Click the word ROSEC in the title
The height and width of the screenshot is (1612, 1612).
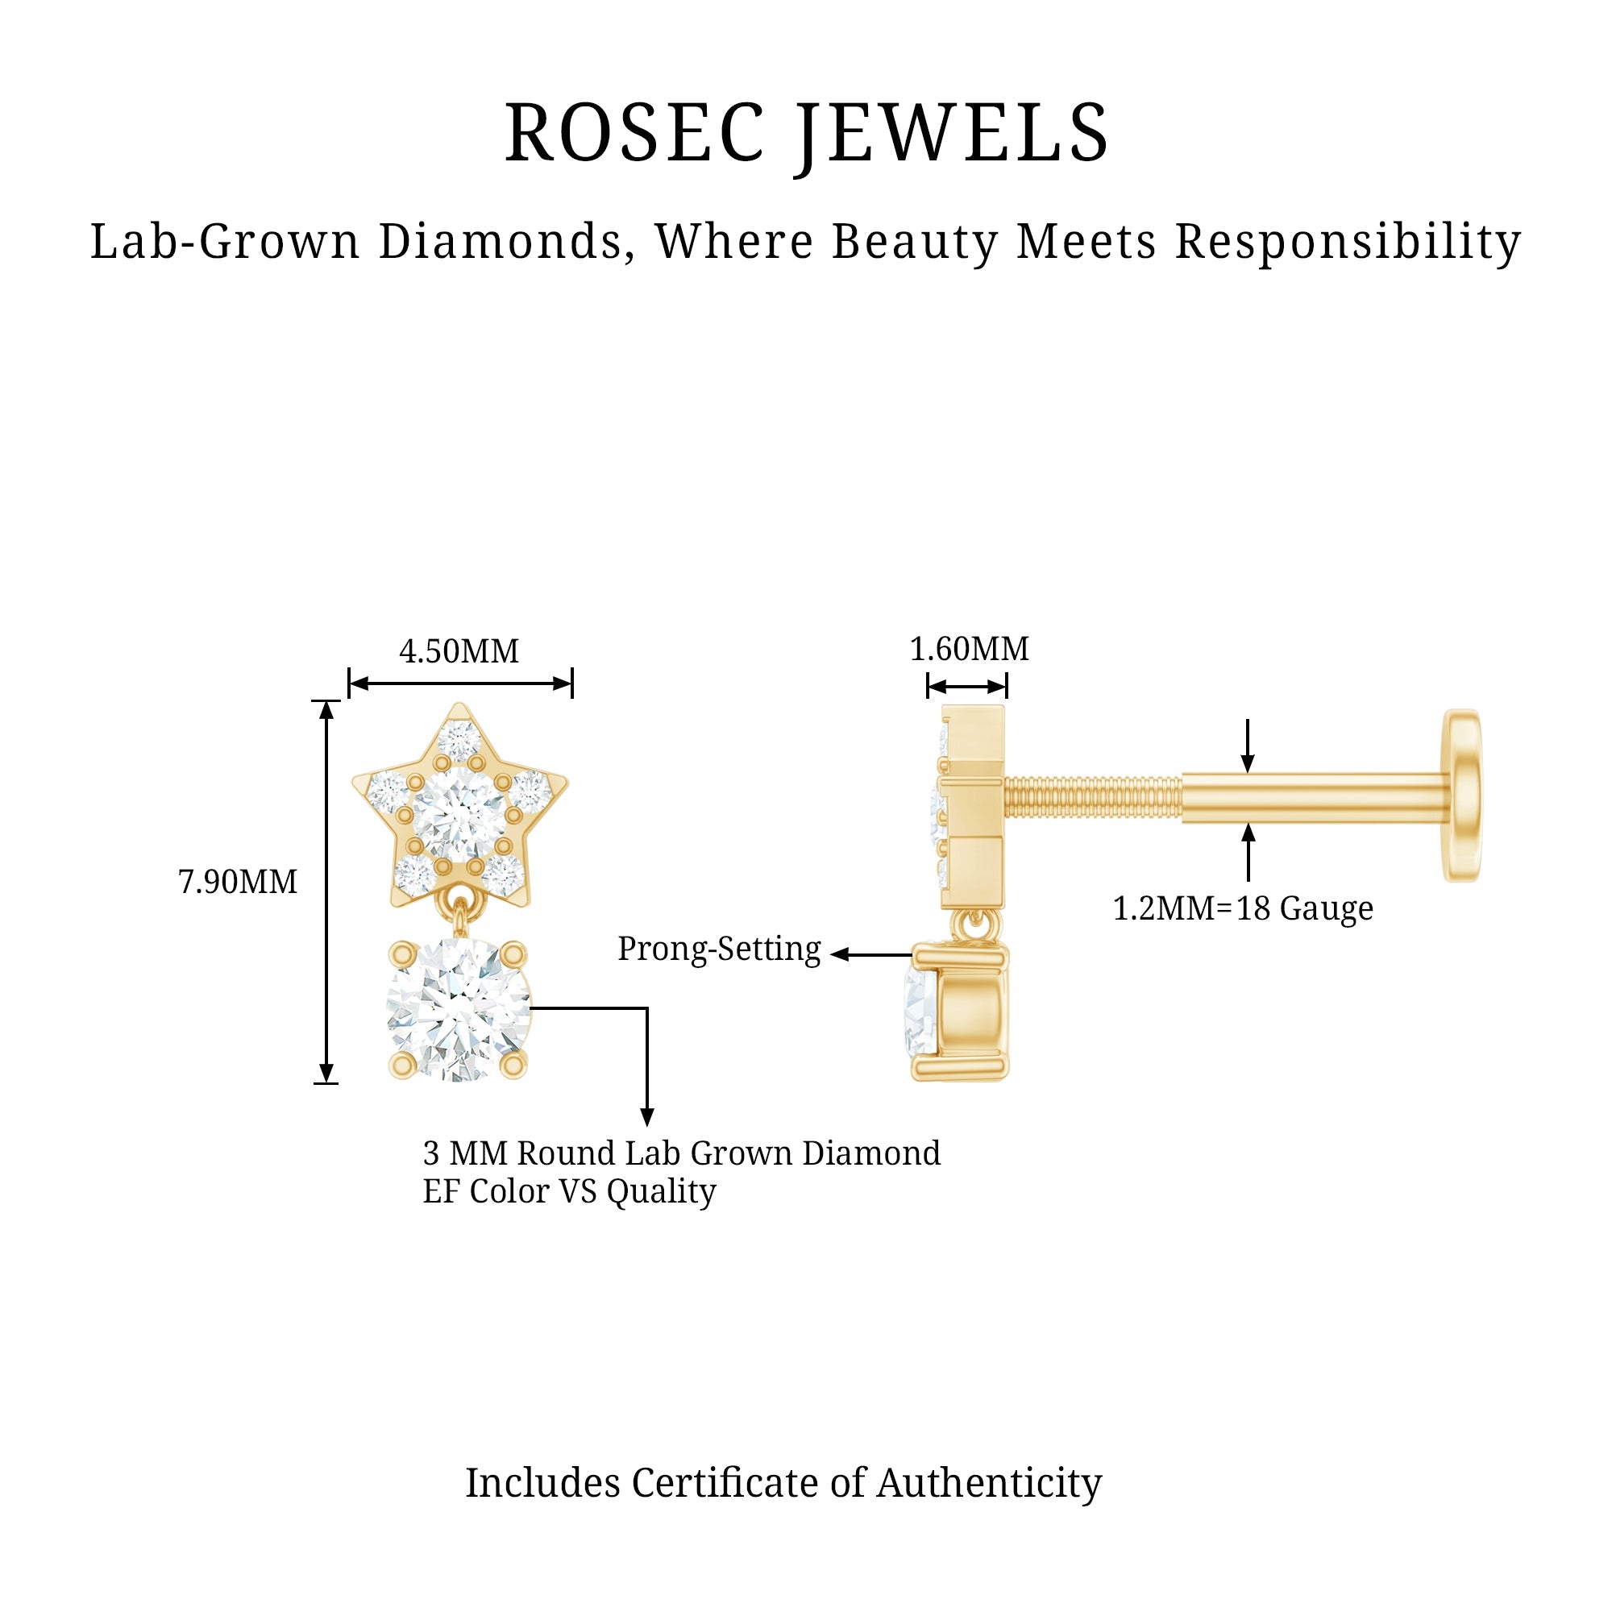[x=634, y=134]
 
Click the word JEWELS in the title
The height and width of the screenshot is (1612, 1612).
[x=951, y=134]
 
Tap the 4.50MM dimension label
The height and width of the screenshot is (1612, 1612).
[x=459, y=651]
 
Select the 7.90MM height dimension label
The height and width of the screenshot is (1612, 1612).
[x=238, y=882]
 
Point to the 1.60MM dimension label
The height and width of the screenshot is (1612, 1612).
[x=969, y=649]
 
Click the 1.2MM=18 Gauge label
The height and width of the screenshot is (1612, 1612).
[x=1242, y=908]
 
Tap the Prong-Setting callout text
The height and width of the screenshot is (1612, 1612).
[x=719, y=949]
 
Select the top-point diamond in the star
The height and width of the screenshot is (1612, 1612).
[x=459, y=738]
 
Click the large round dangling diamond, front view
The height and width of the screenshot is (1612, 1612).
[x=458, y=1009]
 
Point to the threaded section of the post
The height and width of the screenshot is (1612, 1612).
[x=1092, y=797]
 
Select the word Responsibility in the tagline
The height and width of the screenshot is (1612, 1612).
[x=1348, y=242]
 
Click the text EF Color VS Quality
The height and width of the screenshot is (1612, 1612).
[x=569, y=1191]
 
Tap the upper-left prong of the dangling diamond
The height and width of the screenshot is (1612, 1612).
[x=403, y=953]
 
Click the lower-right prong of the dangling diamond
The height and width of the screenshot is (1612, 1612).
[x=513, y=1065]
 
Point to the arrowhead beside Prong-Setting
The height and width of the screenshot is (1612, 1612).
[x=839, y=954]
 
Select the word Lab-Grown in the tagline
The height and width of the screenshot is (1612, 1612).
[x=226, y=242]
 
